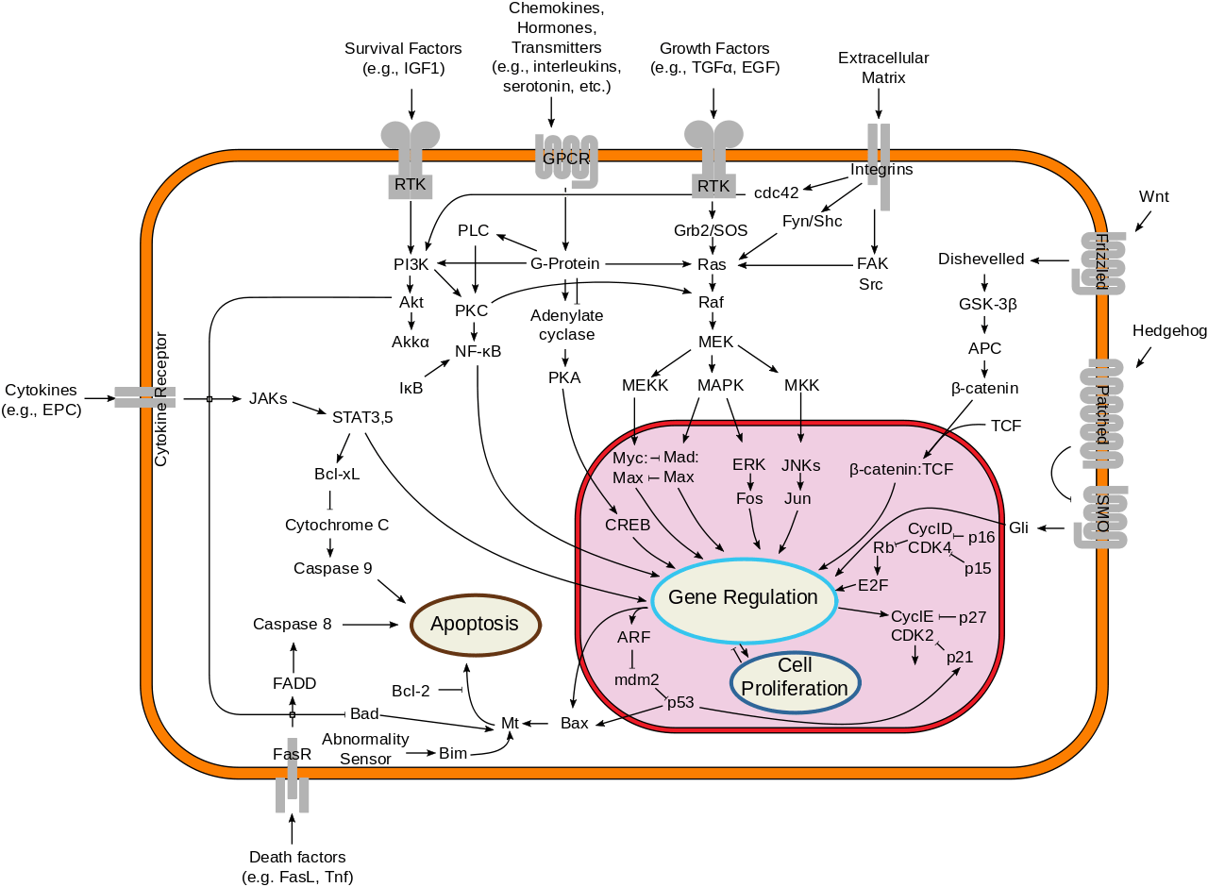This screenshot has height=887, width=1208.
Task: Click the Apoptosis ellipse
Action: coord(475,624)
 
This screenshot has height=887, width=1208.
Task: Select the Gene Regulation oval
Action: coord(743,597)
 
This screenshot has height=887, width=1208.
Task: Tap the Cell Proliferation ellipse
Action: coord(795,677)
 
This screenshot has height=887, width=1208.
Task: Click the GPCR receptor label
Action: coord(565,159)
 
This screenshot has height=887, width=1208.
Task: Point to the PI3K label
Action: coord(411,263)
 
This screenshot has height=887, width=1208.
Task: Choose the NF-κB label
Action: coord(478,351)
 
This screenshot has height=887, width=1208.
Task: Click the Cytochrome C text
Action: coord(337,525)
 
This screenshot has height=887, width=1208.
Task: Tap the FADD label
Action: coord(294,683)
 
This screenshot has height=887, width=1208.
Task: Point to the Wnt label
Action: coord(1153,196)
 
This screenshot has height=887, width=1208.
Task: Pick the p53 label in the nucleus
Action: coord(681,702)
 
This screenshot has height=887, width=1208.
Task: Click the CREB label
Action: coord(628,525)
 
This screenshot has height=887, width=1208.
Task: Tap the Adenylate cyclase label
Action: coord(566,324)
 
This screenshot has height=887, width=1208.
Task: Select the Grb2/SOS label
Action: coord(712,230)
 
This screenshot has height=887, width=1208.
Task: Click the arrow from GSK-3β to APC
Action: coord(984,326)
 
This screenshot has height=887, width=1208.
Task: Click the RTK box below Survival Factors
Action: coord(410,185)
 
